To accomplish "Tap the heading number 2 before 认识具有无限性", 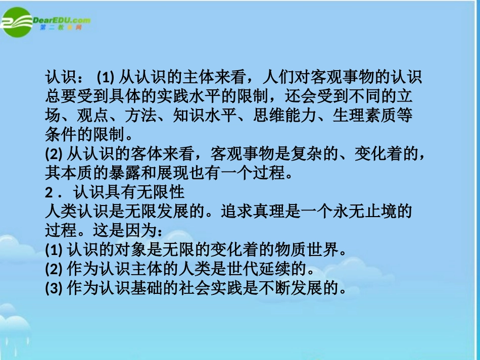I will (x=49, y=192).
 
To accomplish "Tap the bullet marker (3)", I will (x=53, y=288).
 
